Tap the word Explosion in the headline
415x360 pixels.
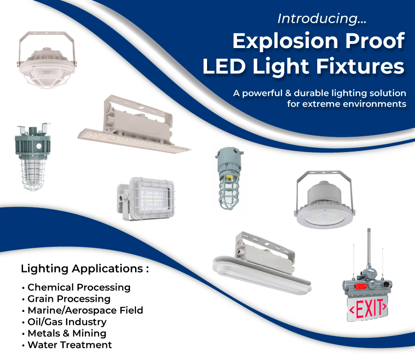(277, 41)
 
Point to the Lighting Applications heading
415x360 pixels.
(85, 269)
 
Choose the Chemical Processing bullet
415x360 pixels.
(79, 287)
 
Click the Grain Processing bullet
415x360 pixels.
(69, 299)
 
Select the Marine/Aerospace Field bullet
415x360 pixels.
(85, 310)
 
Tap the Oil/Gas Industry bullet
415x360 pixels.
(67, 322)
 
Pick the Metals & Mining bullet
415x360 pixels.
(67, 333)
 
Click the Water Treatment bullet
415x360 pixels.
(70, 345)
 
